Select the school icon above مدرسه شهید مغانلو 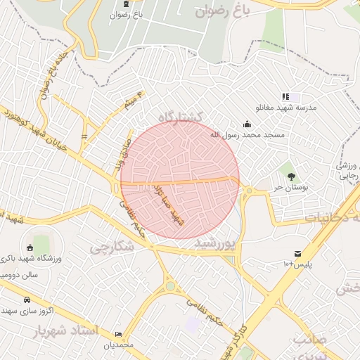coord(285,96)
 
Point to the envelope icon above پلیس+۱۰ coord(299,253)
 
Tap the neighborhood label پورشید coord(212,243)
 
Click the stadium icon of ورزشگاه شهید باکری coord(30,247)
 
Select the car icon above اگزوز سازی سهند coord(27,299)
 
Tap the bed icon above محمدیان coord(118,334)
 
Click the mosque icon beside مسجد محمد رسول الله coord(246,125)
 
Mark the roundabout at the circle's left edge coord(117,188)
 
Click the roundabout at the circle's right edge coord(248,190)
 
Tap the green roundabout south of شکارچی coord(170,286)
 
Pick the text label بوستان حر coord(269,188)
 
